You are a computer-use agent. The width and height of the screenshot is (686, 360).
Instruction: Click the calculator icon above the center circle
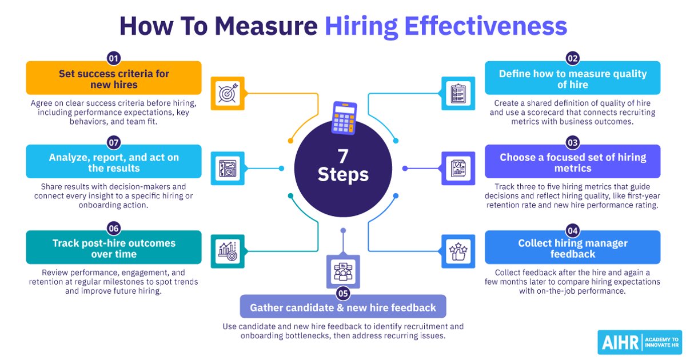click(344, 118)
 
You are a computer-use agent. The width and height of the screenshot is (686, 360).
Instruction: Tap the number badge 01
click(114, 58)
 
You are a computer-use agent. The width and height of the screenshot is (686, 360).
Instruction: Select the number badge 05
click(343, 294)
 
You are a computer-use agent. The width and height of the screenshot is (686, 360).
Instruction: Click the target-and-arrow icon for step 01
click(228, 93)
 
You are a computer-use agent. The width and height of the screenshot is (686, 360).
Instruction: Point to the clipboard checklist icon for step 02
click(458, 93)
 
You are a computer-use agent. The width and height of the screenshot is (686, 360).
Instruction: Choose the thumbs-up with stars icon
click(458, 251)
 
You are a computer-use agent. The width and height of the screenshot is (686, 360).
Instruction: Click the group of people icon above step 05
click(343, 272)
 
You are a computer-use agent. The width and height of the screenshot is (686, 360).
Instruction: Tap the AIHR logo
click(640, 342)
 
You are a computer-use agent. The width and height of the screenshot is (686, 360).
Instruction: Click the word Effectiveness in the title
click(486, 26)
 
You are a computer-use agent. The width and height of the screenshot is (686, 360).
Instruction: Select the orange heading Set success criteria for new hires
click(114, 79)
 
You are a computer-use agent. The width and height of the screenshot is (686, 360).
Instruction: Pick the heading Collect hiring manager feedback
click(573, 249)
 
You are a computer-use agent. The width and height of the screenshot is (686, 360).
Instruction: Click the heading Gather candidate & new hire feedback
click(343, 307)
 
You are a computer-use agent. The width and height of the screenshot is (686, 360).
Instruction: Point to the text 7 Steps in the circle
click(343, 165)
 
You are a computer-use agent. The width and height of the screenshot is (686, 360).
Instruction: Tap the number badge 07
click(114, 143)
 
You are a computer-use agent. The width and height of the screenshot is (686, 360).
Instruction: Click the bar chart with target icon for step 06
click(228, 251)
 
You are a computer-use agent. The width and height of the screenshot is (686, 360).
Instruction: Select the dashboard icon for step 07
click(228, 169)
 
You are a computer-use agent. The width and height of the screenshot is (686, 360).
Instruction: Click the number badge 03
click(573, 143)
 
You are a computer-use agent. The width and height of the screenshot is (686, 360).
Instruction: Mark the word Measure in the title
click(266, 26)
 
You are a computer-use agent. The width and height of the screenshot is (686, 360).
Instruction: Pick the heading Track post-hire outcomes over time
click(114, 249)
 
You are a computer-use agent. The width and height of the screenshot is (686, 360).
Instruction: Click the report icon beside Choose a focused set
click(458, 169)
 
